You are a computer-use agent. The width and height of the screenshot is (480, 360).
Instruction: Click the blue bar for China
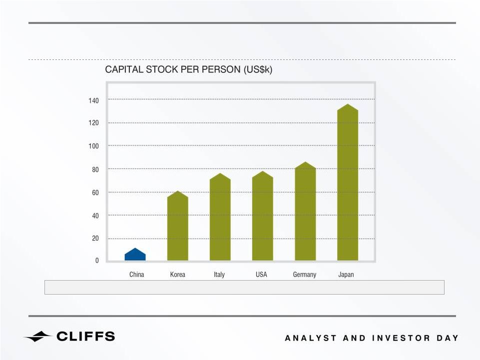coord(135,255)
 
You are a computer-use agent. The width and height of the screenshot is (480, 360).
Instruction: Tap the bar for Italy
coord(220,217)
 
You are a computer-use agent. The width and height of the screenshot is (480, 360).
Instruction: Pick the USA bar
coord(263,216)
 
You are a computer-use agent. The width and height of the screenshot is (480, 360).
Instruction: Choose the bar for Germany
coord(305,212)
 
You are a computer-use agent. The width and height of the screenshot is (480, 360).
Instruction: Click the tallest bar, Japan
coord(348,182)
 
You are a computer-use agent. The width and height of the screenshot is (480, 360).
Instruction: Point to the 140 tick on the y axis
coord(94,100)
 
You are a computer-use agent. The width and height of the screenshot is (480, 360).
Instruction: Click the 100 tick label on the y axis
coord(94,146)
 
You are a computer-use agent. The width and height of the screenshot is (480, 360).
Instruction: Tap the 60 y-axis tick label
coord(95,193)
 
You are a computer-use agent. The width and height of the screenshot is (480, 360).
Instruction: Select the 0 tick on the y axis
coord(97,261)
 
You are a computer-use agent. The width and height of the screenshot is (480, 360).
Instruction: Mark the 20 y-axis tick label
coord(95,238)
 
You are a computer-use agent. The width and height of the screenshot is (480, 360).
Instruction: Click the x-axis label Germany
coord(305,275)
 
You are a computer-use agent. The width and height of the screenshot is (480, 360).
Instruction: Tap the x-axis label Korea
coord(177,274)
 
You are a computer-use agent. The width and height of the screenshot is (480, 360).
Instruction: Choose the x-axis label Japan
coord(346,275)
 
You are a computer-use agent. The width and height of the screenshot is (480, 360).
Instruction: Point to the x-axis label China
coord(136,274)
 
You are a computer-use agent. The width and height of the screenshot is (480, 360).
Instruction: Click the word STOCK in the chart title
coord(162,69)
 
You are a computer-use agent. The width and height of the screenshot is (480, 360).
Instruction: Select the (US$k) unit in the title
coord(258,70)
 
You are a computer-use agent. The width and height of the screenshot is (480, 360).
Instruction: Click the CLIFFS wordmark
coord(86,336)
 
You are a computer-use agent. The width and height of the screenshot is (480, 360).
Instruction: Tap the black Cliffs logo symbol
coord(37,337)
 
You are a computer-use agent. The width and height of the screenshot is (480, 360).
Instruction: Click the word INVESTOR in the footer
coord(401,338)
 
